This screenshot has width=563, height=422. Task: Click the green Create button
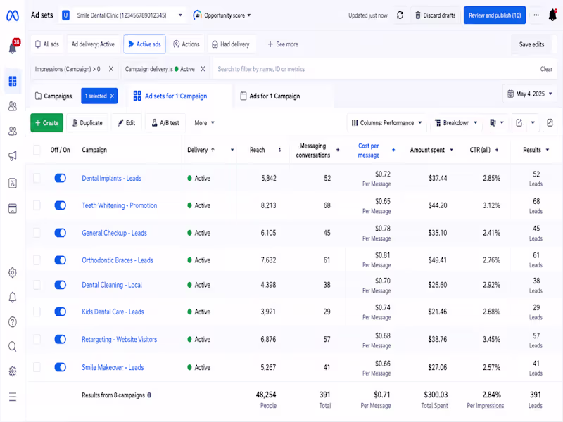coord(46,122)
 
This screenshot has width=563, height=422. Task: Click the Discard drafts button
coord(435,15)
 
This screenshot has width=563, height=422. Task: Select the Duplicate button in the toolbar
coord(87,122)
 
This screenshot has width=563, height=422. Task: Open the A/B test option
coord(165,122)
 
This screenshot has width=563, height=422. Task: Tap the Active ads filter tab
coord(144,44)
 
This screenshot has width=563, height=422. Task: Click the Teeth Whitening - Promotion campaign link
coord(119,205)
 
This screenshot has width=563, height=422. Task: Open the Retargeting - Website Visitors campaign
coord(119,340)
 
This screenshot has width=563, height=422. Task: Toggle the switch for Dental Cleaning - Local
coord(61,285)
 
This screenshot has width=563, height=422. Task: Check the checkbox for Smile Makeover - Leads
coord(37,367)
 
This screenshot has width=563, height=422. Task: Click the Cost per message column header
coord(369,151)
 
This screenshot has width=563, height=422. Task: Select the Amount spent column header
coord(427,150)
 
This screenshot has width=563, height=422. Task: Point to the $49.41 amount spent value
coord(437,260)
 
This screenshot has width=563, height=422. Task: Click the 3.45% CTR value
coord(491,340)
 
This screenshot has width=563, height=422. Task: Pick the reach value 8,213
coord(268,205)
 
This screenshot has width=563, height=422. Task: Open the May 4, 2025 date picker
coord(530,94)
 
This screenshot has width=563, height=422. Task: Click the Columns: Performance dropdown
coord(386,122)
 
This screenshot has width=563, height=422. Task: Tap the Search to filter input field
coord(375,69)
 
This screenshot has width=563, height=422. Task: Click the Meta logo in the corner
coord(13,15)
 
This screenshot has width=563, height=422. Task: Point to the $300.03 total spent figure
coord(436,395)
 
